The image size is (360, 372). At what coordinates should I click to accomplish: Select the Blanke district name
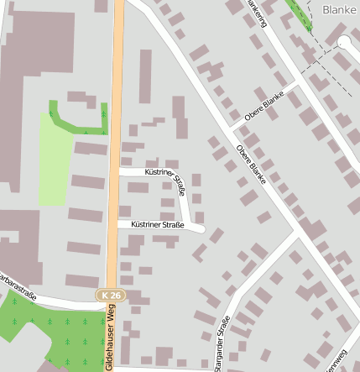coord(340,10)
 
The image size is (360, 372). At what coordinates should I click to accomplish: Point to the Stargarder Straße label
coord(222,343)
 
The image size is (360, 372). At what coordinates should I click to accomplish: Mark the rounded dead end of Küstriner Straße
coord(200,228)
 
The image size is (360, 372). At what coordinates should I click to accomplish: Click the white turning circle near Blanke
coord(344,42)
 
